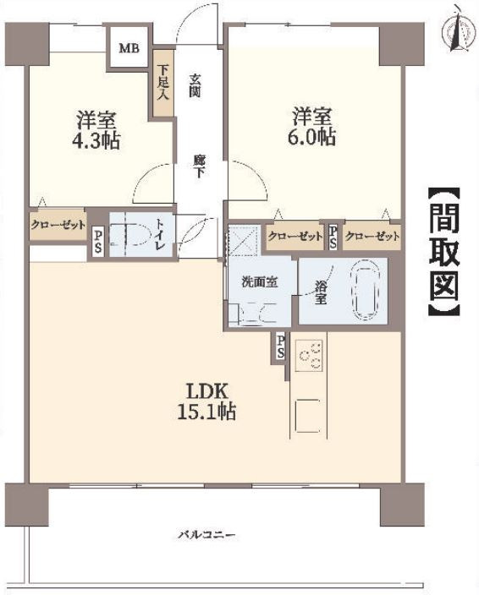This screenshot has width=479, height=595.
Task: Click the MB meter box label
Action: (x=129, y=48)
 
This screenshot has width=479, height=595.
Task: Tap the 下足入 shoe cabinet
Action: (x=163, y=83)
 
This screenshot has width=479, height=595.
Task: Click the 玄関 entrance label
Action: (x=195, y=85)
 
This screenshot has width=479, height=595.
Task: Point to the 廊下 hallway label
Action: (x=198, y=166)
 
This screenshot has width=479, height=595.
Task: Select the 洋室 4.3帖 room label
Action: (x=96, y=130)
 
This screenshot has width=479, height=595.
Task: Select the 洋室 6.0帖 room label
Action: (x=311, y=127)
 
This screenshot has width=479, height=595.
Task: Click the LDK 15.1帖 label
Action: (x=206, y=401)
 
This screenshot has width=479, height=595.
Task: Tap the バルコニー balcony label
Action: (x=207, y=536)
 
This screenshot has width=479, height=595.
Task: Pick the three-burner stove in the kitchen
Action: (x=309, y=355)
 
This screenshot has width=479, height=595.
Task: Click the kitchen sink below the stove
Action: (x=307, y=416)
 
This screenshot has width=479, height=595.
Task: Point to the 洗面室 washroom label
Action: (x=260, y=282)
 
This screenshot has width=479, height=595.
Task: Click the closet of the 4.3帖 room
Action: (x=58, y=225)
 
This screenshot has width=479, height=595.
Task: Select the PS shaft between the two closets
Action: (x=333, y=237)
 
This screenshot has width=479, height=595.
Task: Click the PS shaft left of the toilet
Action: (x=97, y=242)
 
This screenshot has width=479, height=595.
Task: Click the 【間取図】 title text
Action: (x=444, y=252)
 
